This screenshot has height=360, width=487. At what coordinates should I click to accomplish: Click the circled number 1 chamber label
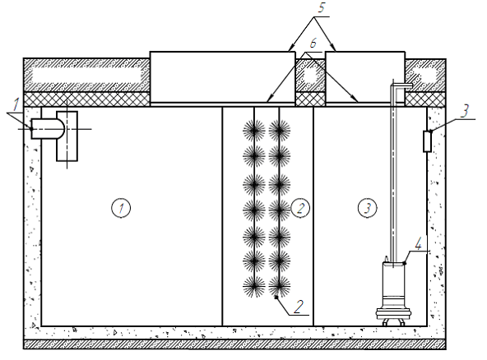[x=121, y=208]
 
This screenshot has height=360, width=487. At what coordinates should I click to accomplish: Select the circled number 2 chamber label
[x=300, y=208]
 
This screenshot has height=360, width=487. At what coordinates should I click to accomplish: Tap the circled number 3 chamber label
[x=368, y=208]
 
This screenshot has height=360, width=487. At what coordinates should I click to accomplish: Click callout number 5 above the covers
[x=321, y=7]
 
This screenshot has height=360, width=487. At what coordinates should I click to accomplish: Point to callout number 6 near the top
[x=313, y=43]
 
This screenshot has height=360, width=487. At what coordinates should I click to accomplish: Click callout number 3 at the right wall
[x=464, y=111]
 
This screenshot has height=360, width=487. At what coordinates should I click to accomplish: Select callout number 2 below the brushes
[x=299, y=307]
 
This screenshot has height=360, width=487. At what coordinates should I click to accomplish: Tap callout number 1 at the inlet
[x=16, y=105]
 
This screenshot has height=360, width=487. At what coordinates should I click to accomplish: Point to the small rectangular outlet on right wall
[x=428, y=141]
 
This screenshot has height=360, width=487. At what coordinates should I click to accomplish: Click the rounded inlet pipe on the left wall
[x=48, y=128]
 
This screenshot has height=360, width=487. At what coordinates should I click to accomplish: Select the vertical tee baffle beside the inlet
[x=67, y=136]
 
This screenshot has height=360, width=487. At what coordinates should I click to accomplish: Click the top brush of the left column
[x=254, y=131]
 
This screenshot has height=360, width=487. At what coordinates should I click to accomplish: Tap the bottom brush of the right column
[x=280, y=286]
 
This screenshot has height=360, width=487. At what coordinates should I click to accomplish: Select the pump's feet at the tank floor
[x=393, y=323]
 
